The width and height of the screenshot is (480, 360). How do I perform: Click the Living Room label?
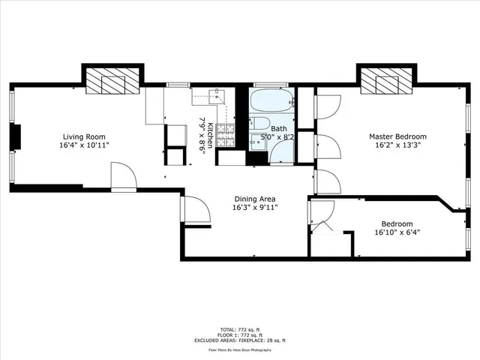click(x=84, y=136)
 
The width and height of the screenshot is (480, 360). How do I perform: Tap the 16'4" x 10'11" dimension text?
click(x=84, y=146)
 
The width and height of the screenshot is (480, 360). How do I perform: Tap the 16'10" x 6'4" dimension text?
click(x=397, y=233)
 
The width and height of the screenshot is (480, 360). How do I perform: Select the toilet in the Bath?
click(x=259, y=124)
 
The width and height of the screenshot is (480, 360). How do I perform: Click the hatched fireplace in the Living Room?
click(x=111, y=79)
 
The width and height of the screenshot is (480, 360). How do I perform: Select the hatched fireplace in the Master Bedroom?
click(x=387, y=79)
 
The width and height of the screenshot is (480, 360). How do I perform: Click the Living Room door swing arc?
click(x=124, y=178)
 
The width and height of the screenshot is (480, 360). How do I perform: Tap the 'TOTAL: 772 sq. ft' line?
click(x=239, y=329)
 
